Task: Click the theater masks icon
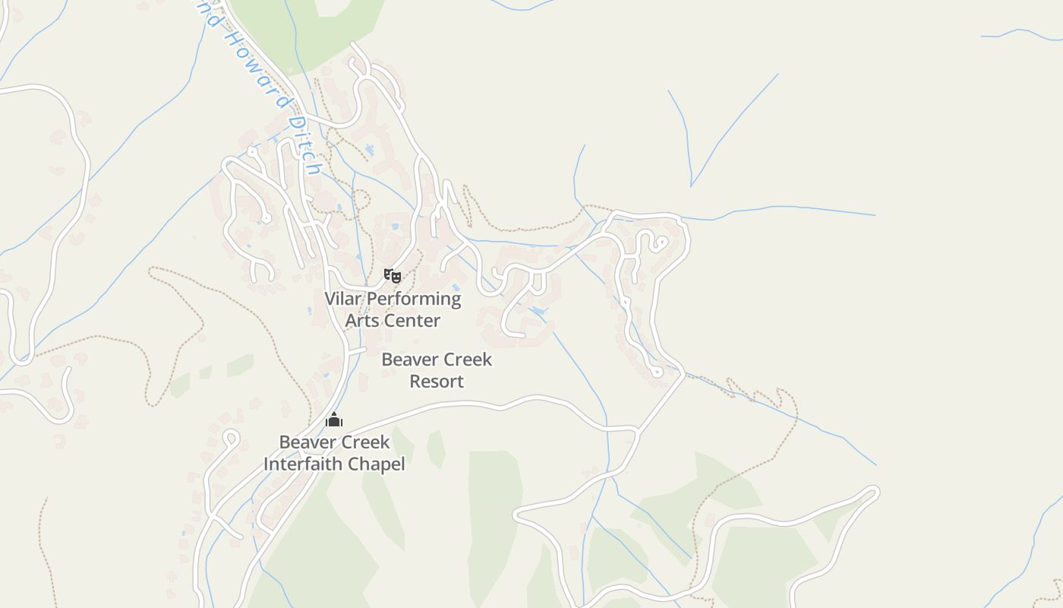[392, 275]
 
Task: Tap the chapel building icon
[334, 420]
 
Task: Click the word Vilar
[344, 299]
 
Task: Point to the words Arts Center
[393, 321]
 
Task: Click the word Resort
[437, 381]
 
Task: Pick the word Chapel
[377, 464]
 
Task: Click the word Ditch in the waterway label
[308, 144]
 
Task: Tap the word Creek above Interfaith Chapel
[365, 442]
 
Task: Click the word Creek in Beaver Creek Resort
[468, 359]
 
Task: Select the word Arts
[362, 321]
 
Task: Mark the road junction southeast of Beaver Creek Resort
[638, 432]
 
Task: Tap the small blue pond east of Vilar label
[538, 312]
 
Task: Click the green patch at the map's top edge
[319, 23]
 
